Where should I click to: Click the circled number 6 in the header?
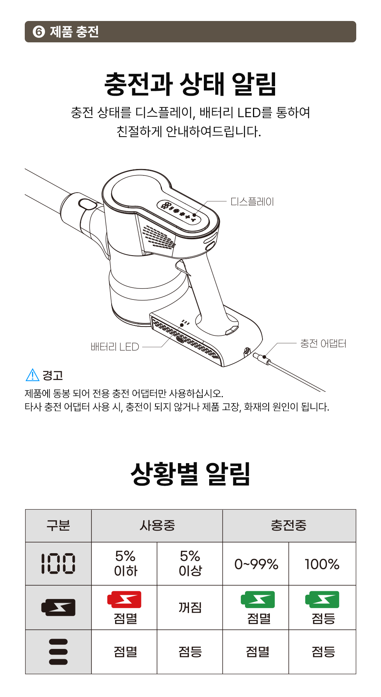(39, 32)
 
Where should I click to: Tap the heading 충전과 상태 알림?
(190, 84)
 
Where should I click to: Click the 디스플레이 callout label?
(252, 201)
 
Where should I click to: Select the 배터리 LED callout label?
(115, 347)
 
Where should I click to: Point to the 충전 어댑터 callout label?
(323, 343)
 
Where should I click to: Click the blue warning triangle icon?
(32, 375)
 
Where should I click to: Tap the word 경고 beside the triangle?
(53, 375)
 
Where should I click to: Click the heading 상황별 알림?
(190, 473)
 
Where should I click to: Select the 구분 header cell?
(58, 525)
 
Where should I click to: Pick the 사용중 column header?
(157, 525)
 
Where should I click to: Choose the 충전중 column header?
(289, 525)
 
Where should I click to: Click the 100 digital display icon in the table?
(58, 563)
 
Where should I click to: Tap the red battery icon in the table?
(125, 599)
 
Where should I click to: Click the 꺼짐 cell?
(190, 607)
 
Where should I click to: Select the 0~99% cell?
(256, 564)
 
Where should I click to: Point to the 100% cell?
(322, 564)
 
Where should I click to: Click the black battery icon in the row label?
(58, 607)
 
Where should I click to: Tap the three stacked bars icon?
(58, 652)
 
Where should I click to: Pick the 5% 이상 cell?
(190, 563)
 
